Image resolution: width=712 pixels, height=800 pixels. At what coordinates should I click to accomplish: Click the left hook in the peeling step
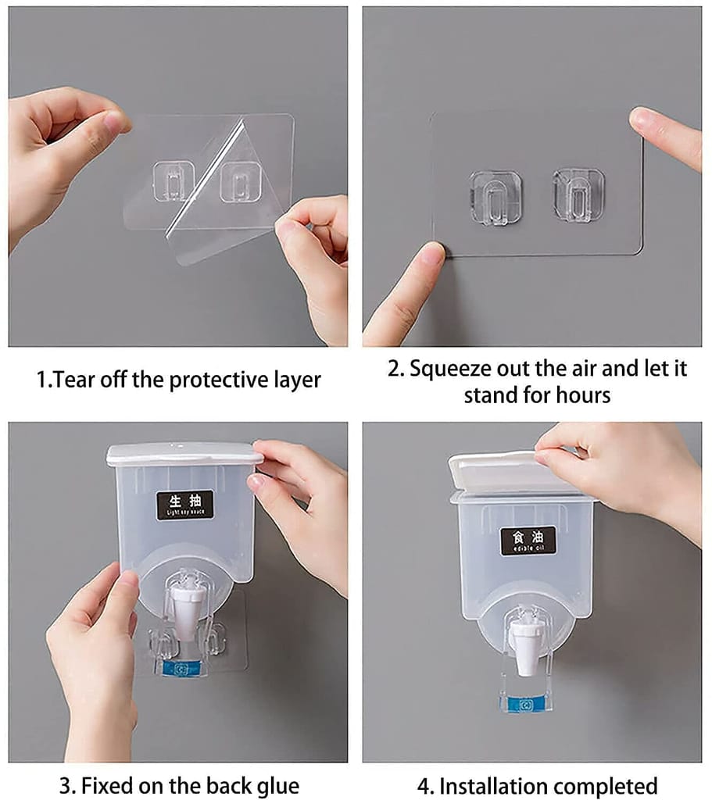tap(174, 180)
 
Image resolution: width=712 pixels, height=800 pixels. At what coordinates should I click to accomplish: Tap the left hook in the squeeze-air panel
tap(496, 198)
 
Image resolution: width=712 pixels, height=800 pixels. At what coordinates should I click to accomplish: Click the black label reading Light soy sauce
tap(184, 505)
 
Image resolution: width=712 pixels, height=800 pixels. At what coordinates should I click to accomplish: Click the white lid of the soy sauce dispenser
tap(184, 454)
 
